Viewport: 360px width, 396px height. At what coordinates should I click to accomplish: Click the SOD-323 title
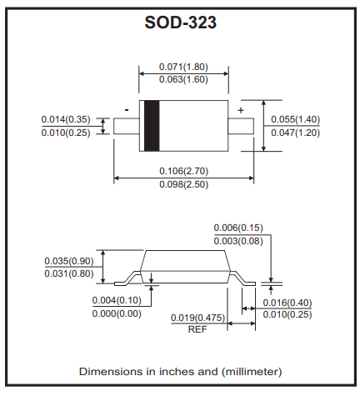(180, 22)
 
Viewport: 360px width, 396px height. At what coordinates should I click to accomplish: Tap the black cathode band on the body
(152, 126)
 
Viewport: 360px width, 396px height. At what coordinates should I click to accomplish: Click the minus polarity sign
(127, 110)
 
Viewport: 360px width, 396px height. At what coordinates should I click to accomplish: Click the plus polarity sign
(241, 110)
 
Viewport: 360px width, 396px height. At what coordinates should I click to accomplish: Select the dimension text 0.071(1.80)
(183, 67)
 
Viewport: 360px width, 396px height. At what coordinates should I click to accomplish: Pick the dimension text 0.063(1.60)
(183, 79)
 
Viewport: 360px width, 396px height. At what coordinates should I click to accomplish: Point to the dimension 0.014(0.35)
(66, 119)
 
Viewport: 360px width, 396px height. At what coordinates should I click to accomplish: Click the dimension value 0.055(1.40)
(295, 119)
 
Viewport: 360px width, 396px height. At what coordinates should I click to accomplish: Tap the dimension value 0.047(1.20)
(295, 133)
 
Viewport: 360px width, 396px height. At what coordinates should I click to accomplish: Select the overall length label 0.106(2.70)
(183, 171)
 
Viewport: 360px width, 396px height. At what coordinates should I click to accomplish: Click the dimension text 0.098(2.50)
(183, 184)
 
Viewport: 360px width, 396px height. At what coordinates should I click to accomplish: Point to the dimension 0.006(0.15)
(238, 228)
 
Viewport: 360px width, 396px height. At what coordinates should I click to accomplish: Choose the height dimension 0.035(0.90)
(69, 261)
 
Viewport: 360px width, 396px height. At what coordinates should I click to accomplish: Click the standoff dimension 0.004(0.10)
(117, 300)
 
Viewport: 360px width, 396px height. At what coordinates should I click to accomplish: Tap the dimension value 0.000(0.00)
(117, 313)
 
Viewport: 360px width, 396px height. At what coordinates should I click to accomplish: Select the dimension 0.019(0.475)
(197, 318)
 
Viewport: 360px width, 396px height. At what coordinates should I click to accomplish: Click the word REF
(197, 329)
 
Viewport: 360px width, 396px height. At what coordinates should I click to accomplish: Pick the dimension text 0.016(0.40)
(287, 303)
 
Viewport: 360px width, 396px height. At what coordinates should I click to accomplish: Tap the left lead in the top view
(127, 126)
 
